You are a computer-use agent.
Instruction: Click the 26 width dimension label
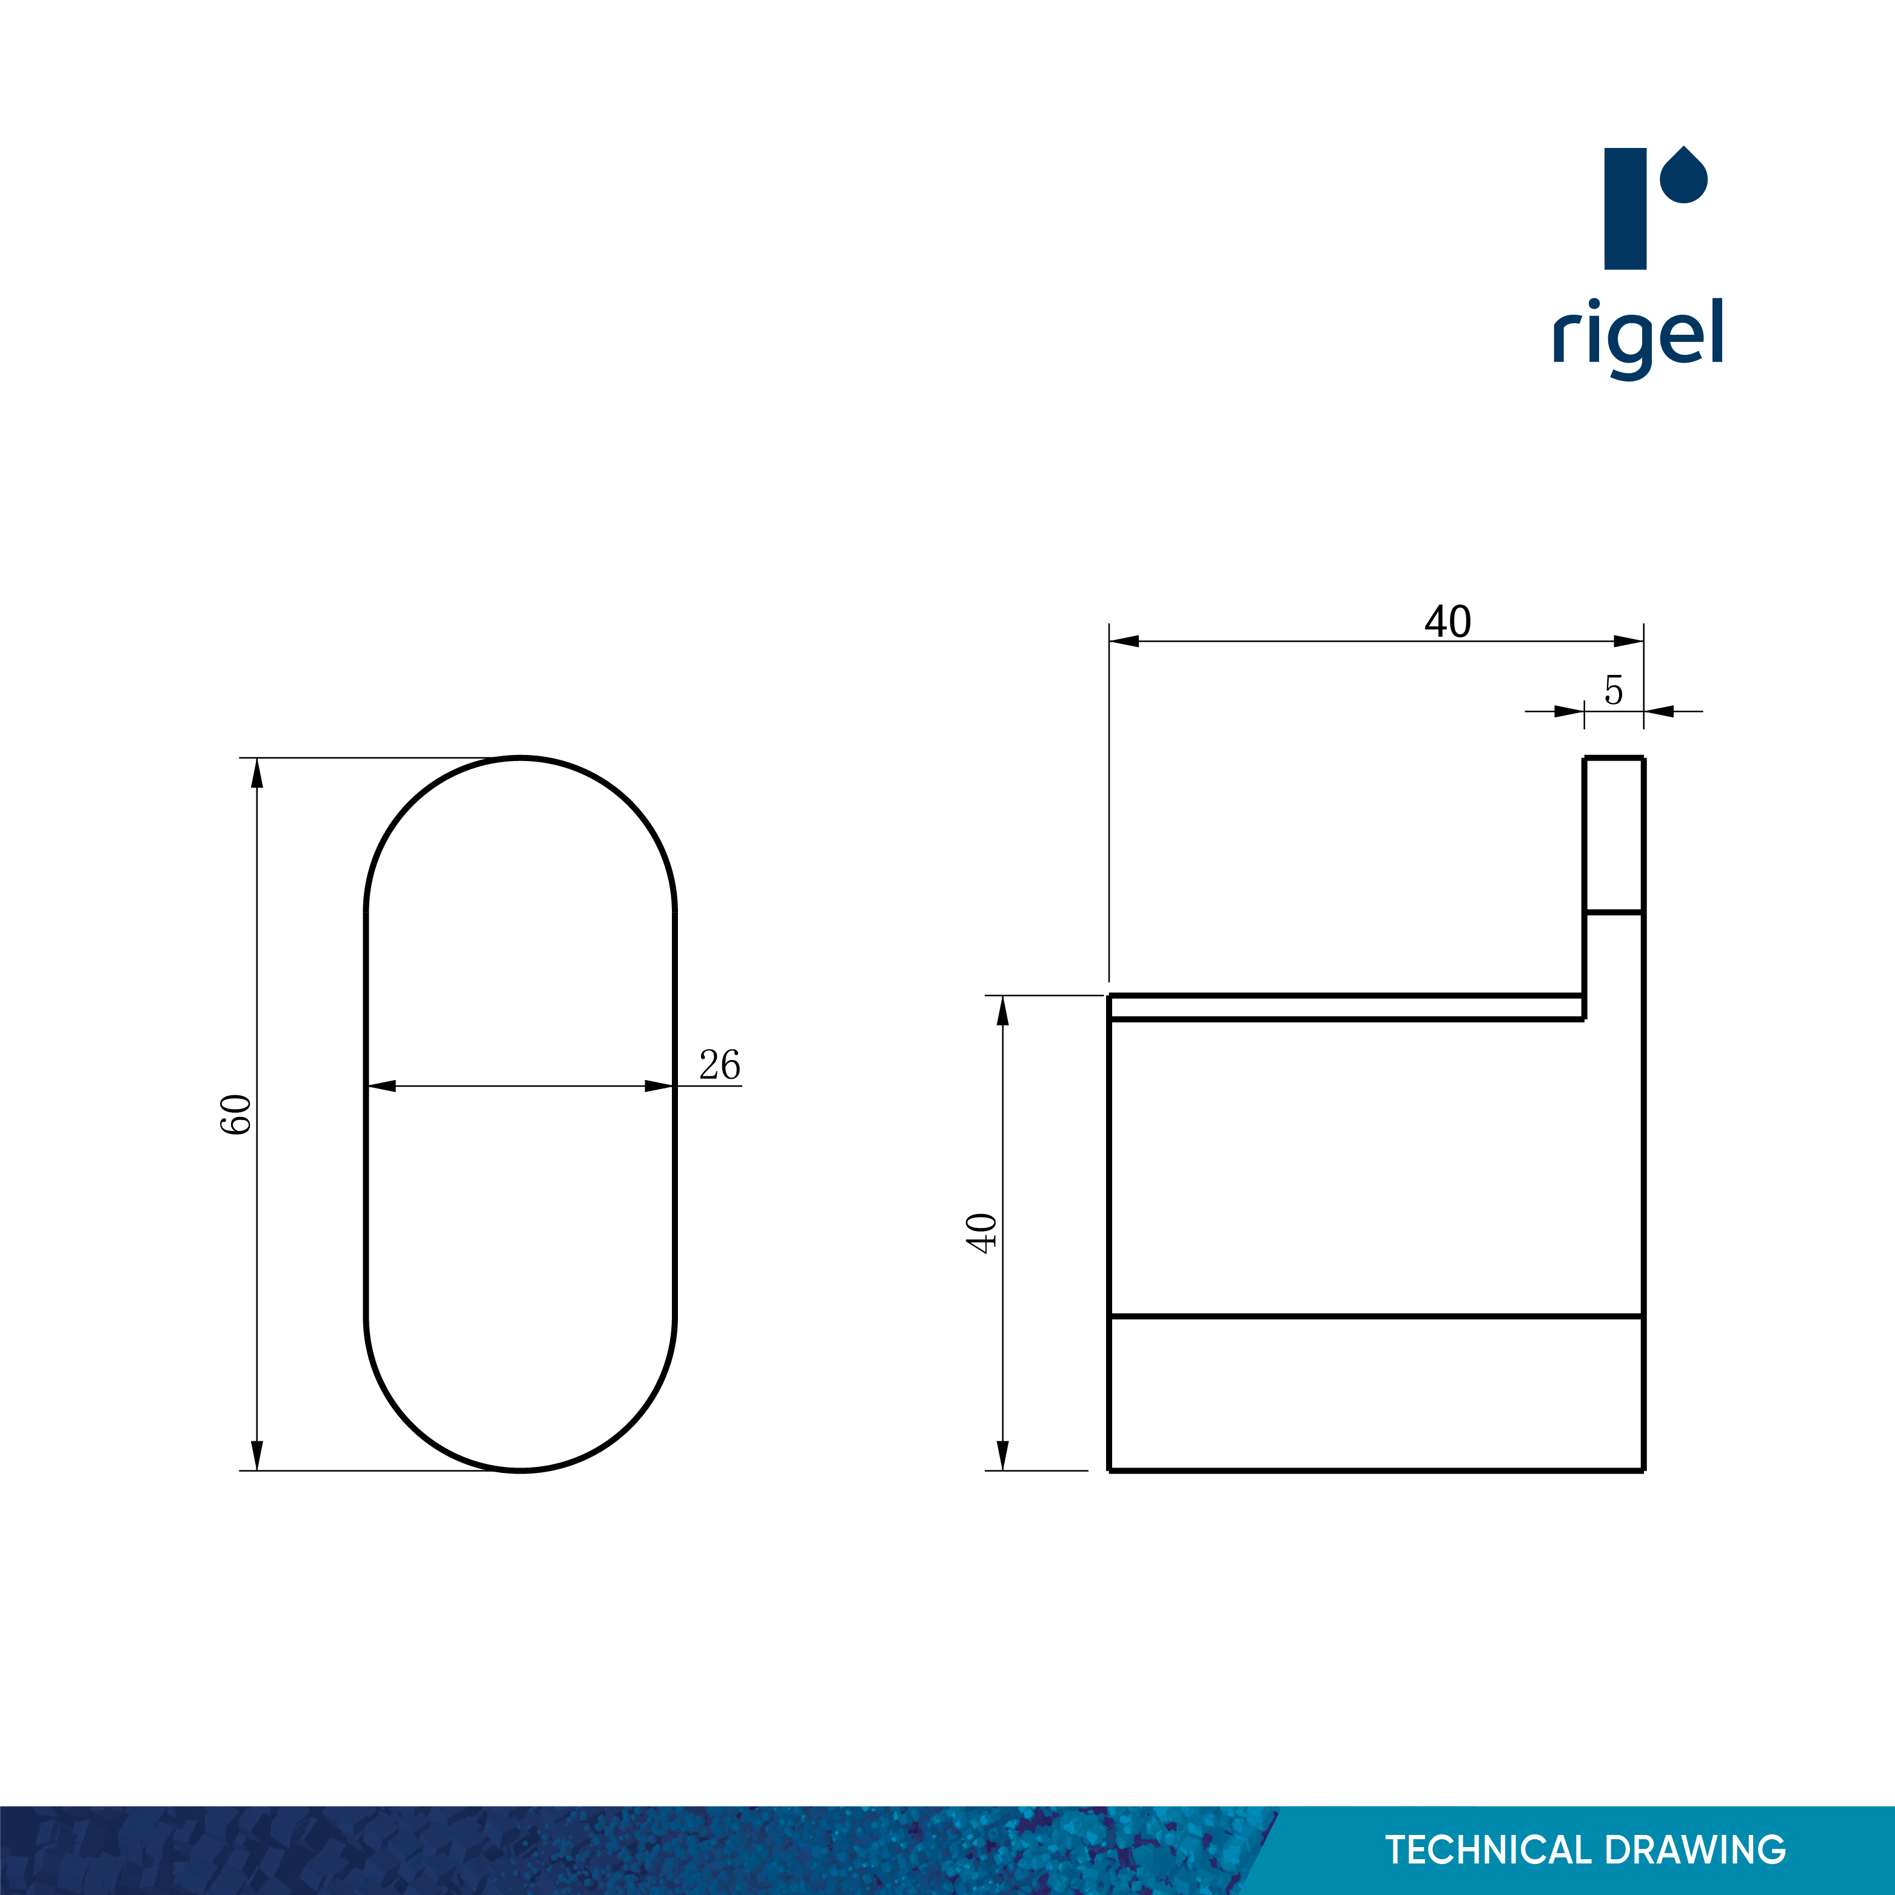tap(719, 1065)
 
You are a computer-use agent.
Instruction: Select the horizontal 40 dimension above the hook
tap(1447, 622)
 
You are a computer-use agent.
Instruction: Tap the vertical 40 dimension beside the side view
tap(982, 1233)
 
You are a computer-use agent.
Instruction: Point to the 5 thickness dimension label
tap(1614, 691)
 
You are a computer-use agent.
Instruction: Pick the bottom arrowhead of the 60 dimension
tap(257, 1455)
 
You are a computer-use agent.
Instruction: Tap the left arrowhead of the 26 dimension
tap(381, 1086)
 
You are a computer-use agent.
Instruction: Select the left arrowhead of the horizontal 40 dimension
tap(1124, 642)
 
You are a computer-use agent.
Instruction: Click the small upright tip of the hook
tap(1614, 834)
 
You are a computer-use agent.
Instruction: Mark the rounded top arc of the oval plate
tap(521, 759)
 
